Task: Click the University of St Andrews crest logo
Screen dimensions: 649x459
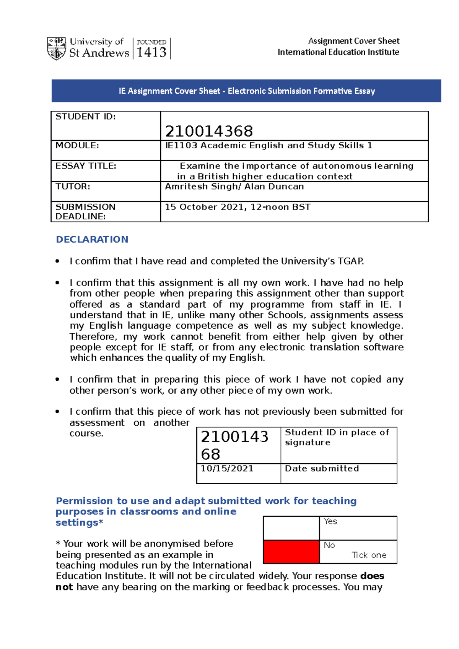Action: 57,49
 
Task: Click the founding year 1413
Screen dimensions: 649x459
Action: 151,52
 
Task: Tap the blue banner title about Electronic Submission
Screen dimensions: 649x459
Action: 246,91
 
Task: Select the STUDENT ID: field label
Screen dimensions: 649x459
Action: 86,117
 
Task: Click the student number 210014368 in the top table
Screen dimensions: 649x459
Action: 209,131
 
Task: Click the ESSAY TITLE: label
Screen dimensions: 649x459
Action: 86,166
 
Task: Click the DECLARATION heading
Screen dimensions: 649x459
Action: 92,239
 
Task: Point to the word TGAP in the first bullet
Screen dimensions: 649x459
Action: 350,261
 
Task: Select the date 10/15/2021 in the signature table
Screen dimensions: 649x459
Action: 227,469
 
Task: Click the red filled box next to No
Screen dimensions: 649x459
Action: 291,552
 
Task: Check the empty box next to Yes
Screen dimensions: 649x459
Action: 291,528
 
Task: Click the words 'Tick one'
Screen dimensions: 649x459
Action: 369,555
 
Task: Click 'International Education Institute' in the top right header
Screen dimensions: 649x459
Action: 338,52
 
